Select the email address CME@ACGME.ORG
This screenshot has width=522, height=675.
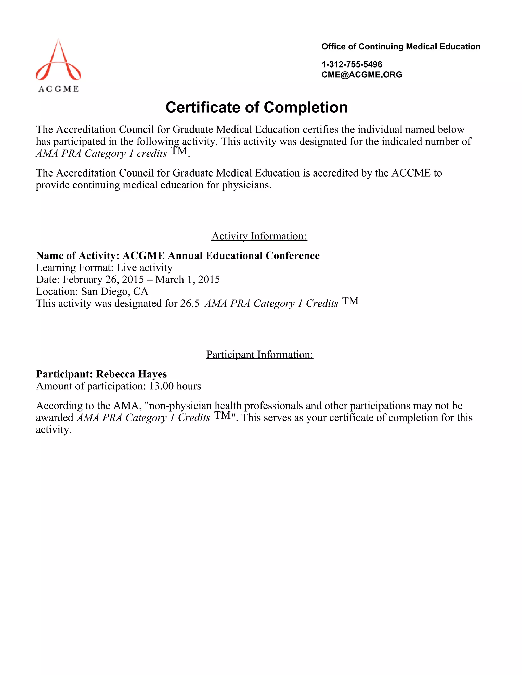pyautogui.click(x=361, y=74)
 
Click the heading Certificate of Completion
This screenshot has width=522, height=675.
pyautogui.click(x=256, y=107)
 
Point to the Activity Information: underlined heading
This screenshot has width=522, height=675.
pyautogui.click(x=259, y=236)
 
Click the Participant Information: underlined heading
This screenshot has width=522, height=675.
pyautogui.click(x=259, y=354)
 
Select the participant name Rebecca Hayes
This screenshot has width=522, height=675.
pyautogui.click(x=132, y=374)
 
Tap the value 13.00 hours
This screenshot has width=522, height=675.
pyautogui.click(x=175, y=386)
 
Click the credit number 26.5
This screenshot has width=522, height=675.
pyautogui.click(x=190, y=304)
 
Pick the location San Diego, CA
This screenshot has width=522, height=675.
pyautogui.click(x=115, y=291)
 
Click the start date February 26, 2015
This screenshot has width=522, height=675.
pyautogui.click(x=103, y=279)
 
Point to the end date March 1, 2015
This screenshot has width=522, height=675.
pyautogui.click(x=187, y=279)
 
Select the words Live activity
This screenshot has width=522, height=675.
pyautogui.click(x=145, y=267)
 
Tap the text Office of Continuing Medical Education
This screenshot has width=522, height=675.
pyautogui.click(x=401, y=47)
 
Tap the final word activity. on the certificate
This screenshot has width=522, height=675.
pyautogui.click(x=54, y=430)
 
